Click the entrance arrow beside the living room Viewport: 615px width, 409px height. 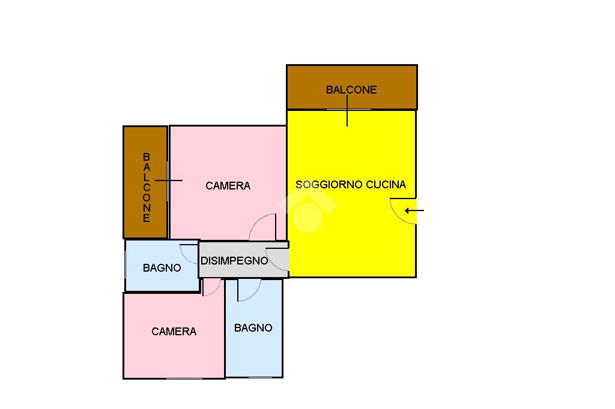click(414, 210)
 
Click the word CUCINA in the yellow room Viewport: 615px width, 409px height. click(386, 185)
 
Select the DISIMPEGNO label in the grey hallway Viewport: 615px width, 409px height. click(234, 260)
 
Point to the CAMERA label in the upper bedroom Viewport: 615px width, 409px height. click(228, 186)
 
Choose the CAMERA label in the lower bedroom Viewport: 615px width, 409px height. click(174, 332)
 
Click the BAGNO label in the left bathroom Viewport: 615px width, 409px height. click(162, 268)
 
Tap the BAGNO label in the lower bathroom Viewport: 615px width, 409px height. click(253, 328)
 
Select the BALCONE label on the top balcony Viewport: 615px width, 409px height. click(351, 90)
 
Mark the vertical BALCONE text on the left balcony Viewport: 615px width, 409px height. click(147, 188)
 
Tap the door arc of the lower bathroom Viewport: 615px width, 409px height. click(255, 294)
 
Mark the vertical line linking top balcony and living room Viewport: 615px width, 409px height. click(347, 111)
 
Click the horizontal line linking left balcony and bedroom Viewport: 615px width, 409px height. click(169, 181)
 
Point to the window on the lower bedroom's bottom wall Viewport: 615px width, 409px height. click(184, 378)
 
